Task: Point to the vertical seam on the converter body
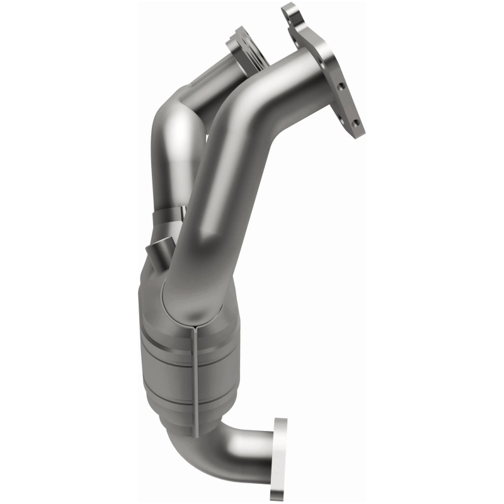(197, 378)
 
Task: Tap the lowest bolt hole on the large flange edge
(356, 122)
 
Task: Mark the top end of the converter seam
(196, 328)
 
